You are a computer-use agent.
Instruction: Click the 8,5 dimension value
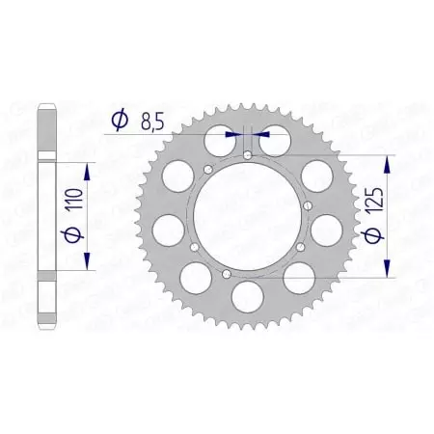point(149,122)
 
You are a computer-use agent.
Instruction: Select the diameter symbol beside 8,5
point(119,121)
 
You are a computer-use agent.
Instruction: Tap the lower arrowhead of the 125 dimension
point(388,272)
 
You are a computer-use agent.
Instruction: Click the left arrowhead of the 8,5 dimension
point(232,135)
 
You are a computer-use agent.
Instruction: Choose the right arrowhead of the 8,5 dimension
point(262,135)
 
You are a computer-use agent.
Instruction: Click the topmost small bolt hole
point(248,154)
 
